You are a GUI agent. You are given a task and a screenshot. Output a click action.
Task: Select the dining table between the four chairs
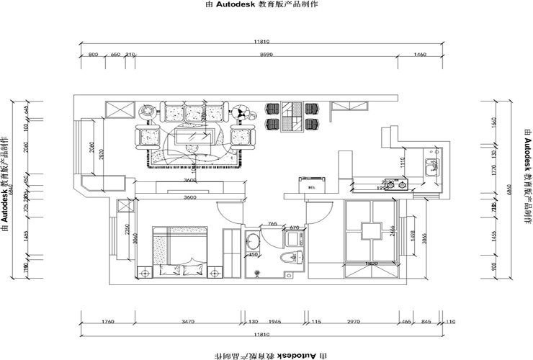(292, 117)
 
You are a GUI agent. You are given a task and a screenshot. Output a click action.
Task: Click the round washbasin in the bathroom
(254, 261)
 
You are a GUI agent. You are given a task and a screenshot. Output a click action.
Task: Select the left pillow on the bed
(171, 270)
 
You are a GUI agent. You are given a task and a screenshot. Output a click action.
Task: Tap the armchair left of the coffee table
(148, 136)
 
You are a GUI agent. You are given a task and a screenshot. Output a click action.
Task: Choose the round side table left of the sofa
(147, 112)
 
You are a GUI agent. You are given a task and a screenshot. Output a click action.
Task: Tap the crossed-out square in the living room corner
(120, 109)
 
